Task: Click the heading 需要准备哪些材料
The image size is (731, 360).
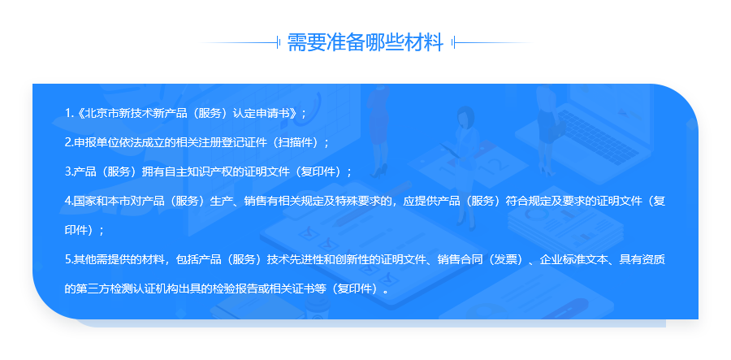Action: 365,42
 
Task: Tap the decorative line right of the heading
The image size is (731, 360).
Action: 492,43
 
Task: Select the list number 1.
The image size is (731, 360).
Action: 67,113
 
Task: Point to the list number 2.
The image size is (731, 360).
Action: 68,143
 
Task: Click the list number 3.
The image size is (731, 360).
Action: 68,172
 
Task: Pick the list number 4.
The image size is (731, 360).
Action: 68,202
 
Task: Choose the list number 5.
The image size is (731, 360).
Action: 68,260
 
